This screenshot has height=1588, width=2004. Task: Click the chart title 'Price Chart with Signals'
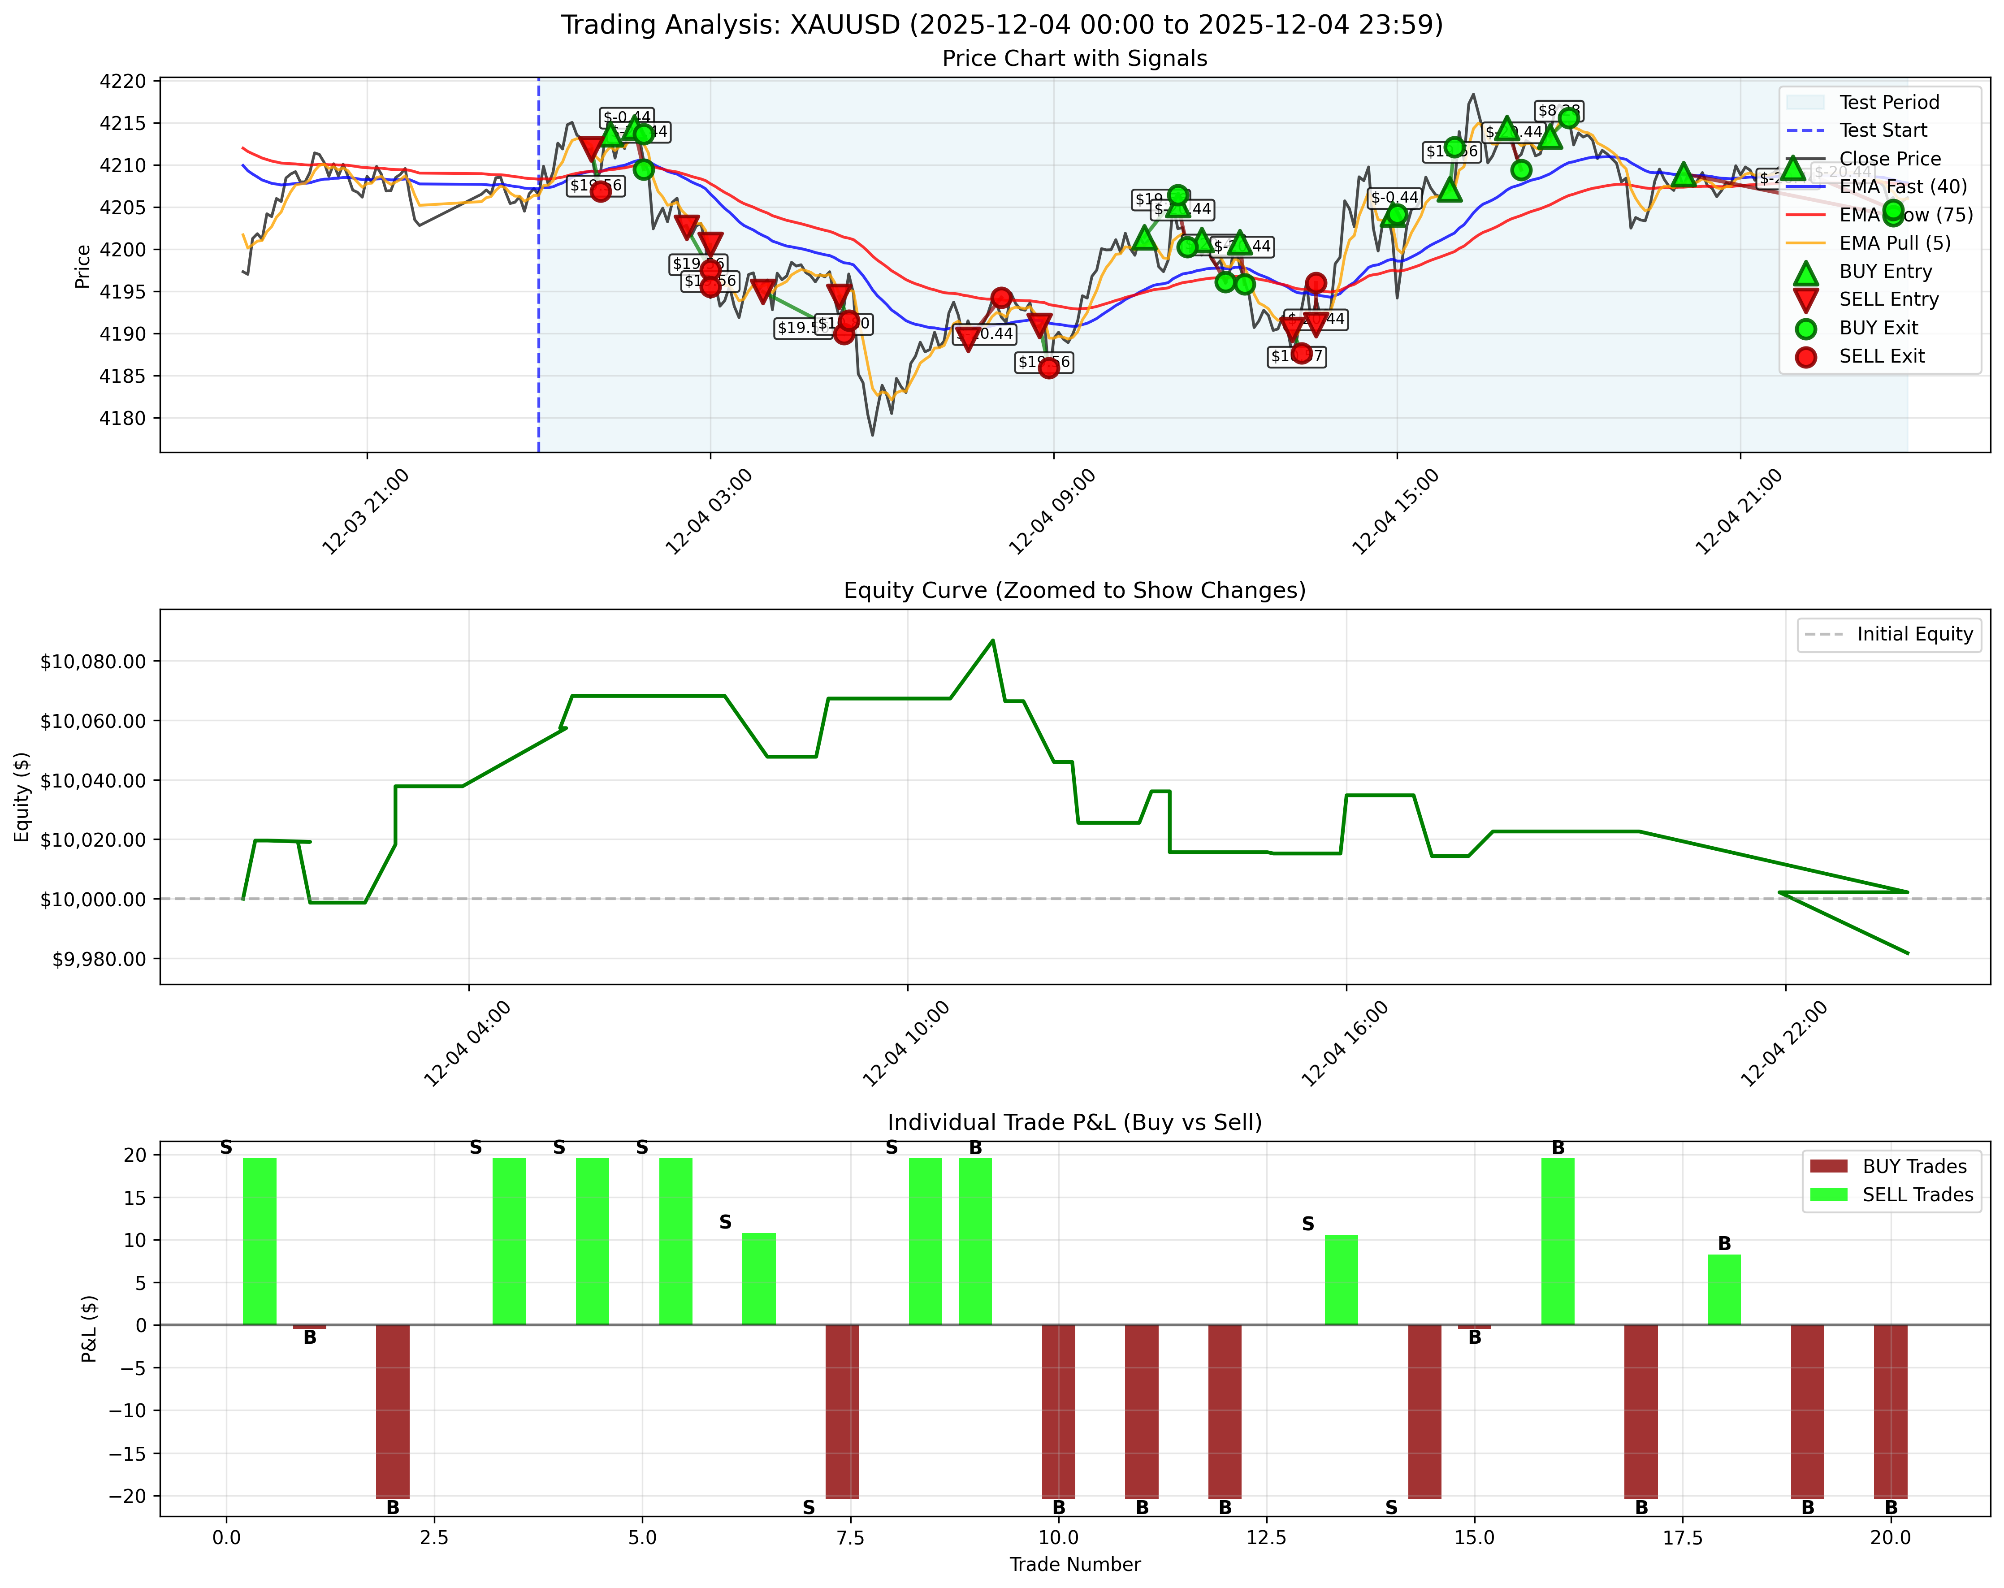coord(1074,59)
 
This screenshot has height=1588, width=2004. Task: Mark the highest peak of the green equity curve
coord(993,640)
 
